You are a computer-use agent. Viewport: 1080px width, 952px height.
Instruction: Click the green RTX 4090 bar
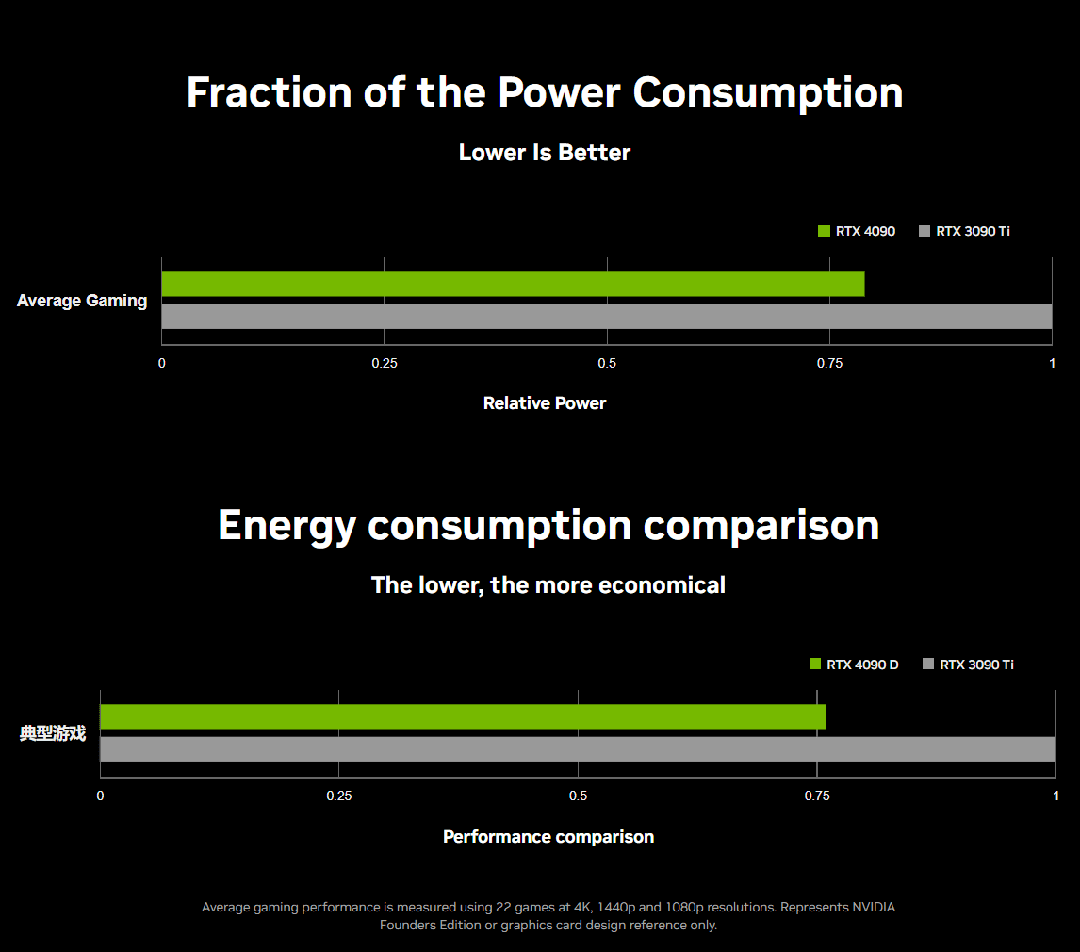pyautogui.click(x=513, y=284)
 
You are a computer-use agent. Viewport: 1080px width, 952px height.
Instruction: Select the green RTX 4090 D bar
pyautogui.click(x=463, y=716)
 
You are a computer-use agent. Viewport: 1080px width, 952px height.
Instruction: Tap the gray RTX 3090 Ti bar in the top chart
pyautogui.click(x=607, y=317)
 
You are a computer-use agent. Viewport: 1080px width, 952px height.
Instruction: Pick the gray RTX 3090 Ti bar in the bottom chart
pyautogui.click(x=578, y=749)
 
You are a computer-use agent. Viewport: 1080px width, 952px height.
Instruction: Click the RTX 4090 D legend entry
pyautogui.click(x=854, y=665)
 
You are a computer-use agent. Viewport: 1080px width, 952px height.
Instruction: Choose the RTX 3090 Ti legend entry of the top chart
pyautogui.click(x=964, y=231)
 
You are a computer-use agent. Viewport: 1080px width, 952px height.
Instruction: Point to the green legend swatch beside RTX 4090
pyautogui.click(x=824, y=231)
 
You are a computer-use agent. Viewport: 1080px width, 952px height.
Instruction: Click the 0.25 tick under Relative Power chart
pyautogui.click(x=385, y=363)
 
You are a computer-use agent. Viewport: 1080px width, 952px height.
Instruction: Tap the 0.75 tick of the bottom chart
pyautogui.click(x=817, y=796)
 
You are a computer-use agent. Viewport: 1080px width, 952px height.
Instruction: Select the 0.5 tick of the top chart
pyautogui.click(x=607, y=363)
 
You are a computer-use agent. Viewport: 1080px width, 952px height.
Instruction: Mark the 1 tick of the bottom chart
pyautogui.click(x=1055, y=796)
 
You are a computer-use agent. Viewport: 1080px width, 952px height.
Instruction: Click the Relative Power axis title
pyautogui.click(x=545, y=403)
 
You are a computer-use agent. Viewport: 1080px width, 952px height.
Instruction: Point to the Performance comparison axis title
pyautogui.click(x=548, y=837)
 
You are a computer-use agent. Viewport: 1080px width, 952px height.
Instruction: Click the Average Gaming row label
pyautogui.click(x=82, y=301)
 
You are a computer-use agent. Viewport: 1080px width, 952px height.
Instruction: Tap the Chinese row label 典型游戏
pyautogui.click(x=53, y=733)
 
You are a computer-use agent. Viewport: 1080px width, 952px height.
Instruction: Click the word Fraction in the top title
pyautogui.click(x=270, y=92)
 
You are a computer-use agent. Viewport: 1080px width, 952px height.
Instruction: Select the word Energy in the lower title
pyautogui.click(x=286, y=526)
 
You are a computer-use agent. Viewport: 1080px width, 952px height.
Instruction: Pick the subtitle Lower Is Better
pyautogui.click(x=545, y=153)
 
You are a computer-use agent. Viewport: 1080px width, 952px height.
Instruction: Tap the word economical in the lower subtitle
pyautogui.click(x=662, y=584)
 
